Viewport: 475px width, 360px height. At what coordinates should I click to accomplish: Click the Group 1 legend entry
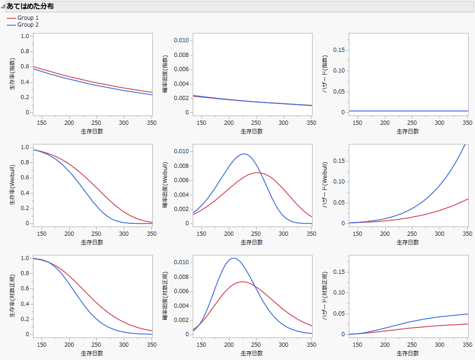point(28,18)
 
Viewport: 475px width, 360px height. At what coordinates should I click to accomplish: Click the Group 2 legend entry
point(28,25)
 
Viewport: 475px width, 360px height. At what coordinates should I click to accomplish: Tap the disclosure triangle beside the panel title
point(3,6)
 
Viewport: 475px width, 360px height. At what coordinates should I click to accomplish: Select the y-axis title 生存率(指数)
point(13,73)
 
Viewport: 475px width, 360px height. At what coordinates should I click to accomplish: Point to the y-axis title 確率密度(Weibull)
point(166,184)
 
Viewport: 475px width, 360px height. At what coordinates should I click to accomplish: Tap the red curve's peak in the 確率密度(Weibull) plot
point(258,172)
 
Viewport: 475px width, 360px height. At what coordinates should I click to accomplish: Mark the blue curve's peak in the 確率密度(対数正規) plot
point(234,258)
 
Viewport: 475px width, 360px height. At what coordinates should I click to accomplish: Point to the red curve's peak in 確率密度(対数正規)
point(242,282)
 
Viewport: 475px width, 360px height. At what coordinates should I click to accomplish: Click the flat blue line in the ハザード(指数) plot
point(408,111)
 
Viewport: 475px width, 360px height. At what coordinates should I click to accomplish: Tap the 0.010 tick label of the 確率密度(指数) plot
point(180,40)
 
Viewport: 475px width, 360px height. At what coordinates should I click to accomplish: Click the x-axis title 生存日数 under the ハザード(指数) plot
point(408,131)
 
